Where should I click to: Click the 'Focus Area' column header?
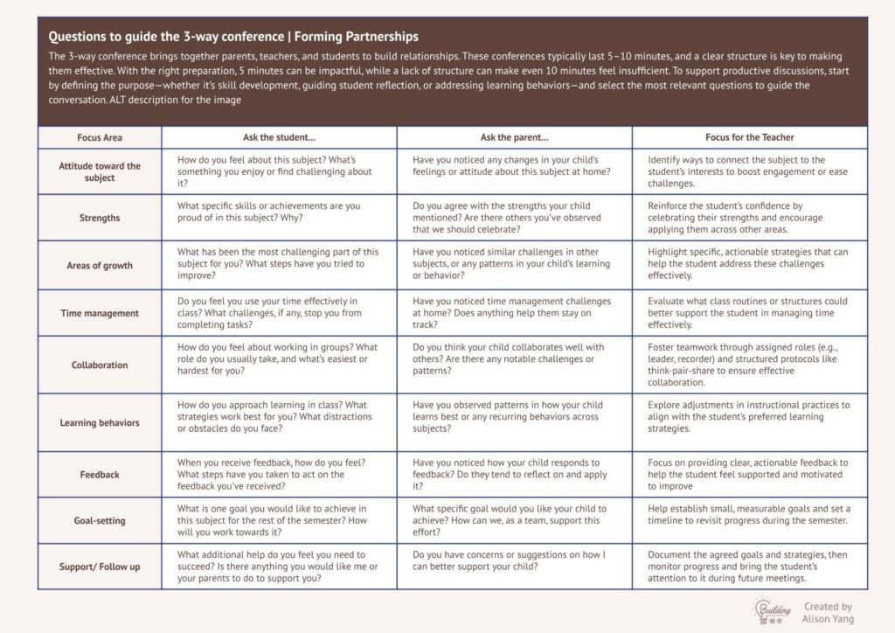100,137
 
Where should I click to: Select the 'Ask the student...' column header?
279,137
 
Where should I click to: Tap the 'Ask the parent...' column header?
514,137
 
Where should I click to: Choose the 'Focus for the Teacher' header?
750,137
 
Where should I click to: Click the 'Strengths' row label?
100,218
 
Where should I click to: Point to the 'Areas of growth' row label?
100,266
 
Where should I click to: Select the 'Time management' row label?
100,313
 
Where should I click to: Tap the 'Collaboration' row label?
100,365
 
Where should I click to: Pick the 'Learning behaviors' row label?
100,422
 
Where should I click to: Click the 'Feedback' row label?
100,474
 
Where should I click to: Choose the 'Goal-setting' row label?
100,520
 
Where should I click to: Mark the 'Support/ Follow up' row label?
100,567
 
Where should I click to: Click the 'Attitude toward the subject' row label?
100,171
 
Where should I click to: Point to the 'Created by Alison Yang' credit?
828,612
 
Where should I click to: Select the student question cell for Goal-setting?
279,520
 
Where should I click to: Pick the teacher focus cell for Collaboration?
750,365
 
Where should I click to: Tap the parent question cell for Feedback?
514,474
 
